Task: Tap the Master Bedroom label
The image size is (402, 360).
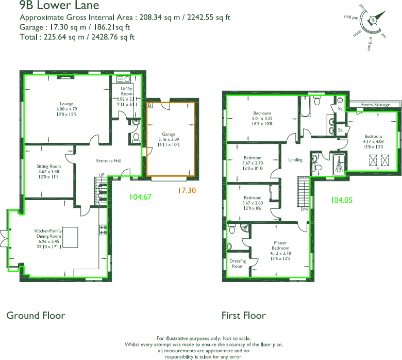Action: (280, 246)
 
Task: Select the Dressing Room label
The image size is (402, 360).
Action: (238, 264)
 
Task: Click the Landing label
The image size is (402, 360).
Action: (295, 160)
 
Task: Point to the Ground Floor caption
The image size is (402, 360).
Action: (36, 315)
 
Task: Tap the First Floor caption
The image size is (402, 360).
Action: (243, 315)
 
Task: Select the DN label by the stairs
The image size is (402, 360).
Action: (304, 209)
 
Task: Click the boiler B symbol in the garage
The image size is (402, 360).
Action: (149, 105)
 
